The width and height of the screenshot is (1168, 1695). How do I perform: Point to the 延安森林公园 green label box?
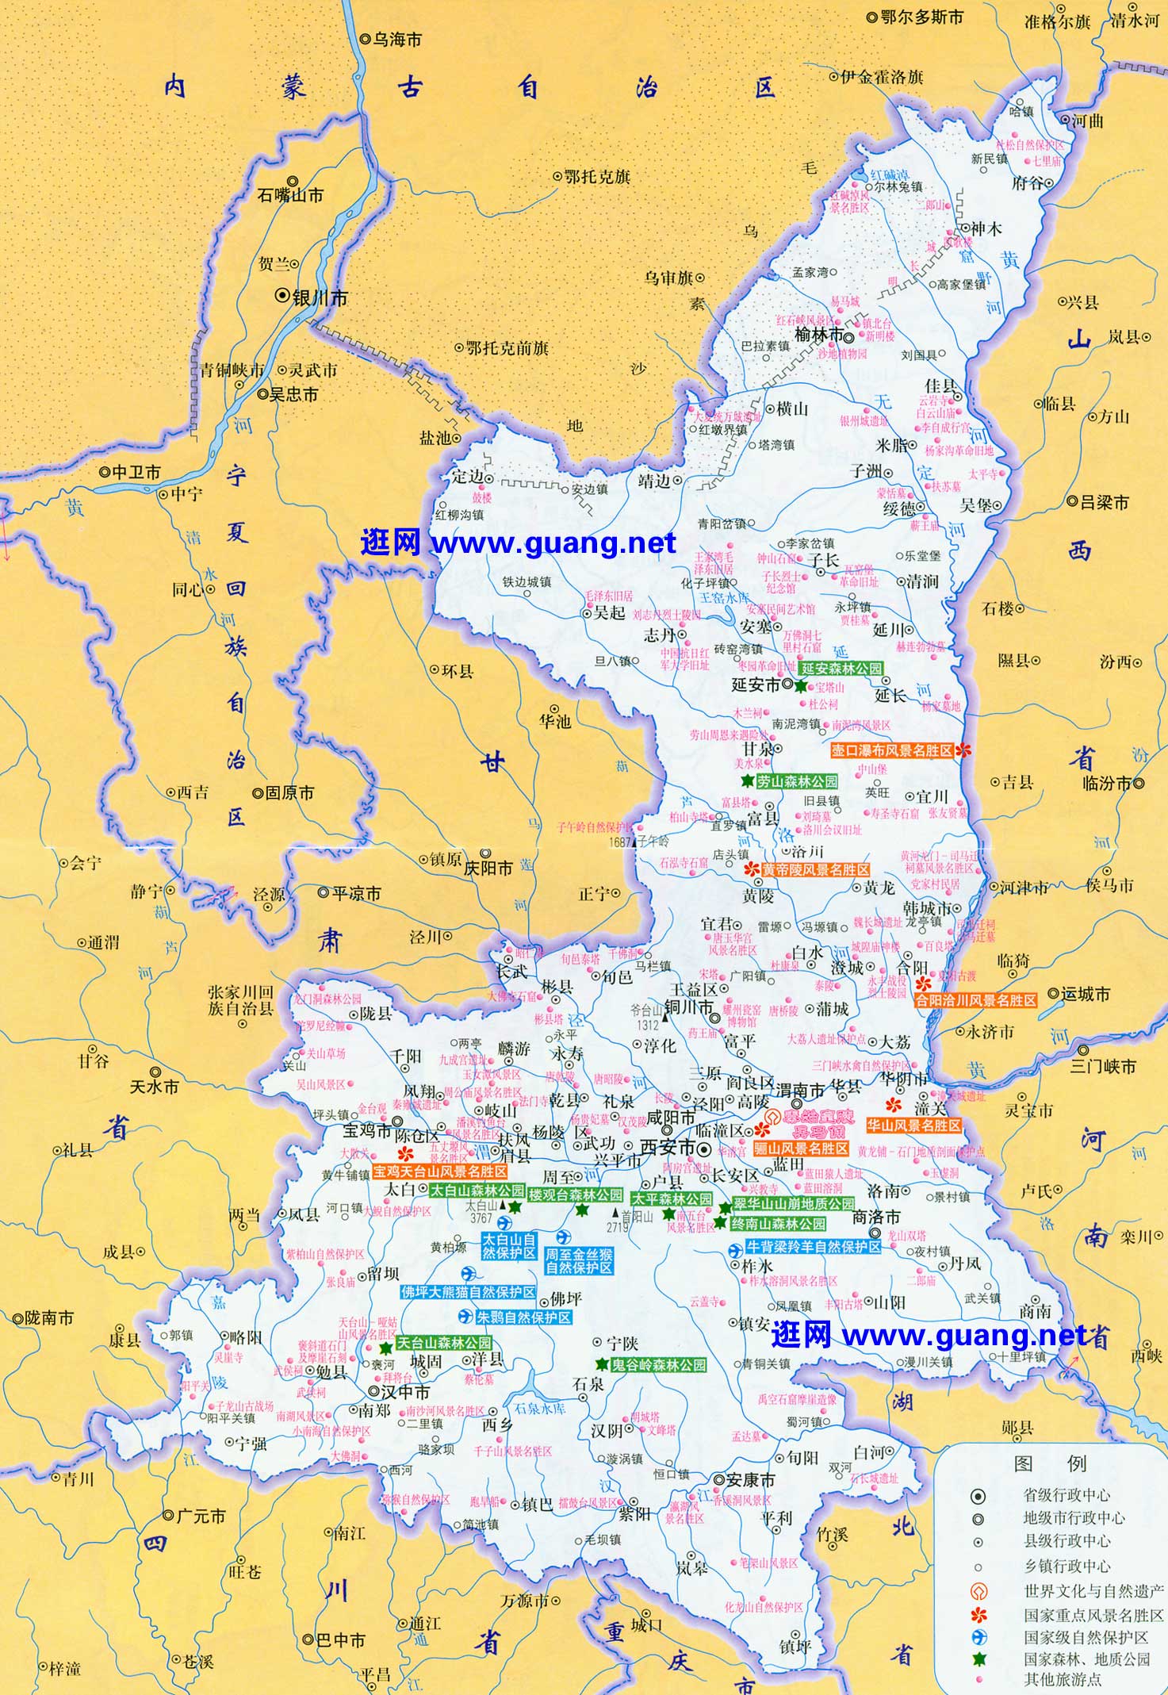[x=841, y=669]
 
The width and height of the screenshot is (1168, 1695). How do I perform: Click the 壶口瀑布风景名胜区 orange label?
[x=892, y=750]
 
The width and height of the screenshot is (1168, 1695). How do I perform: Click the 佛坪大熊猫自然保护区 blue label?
[x=468, y=1292]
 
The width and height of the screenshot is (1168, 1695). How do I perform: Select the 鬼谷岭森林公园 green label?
[x=658, y=1365]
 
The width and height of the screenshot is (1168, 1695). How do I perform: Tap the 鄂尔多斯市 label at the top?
[x=921, y=17]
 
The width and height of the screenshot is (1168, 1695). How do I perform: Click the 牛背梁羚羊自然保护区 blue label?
[x=814, y=1247]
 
